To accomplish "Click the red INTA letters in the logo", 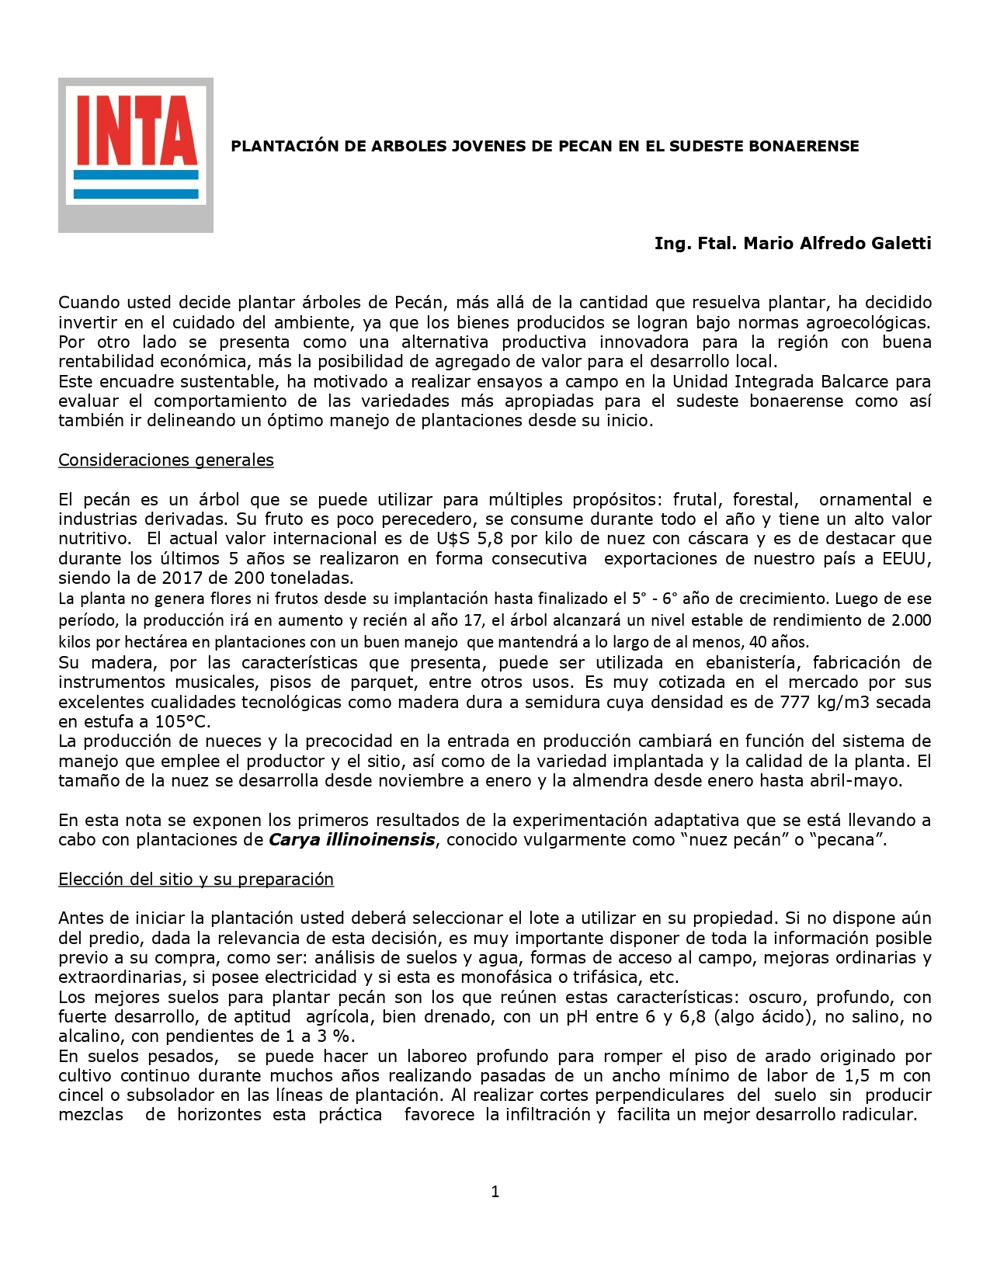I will (136, 130).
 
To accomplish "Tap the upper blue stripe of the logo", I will (136, 175).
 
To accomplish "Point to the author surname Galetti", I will (901, 243).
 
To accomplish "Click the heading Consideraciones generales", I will (166, 460).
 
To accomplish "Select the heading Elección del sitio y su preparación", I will (196, 879).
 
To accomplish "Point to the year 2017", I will (182, 578).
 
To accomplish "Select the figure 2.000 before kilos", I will (911, 620).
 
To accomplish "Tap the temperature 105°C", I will (182, 721).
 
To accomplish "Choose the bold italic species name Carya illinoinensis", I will (352, 839).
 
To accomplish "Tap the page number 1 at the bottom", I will (495, 1192).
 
